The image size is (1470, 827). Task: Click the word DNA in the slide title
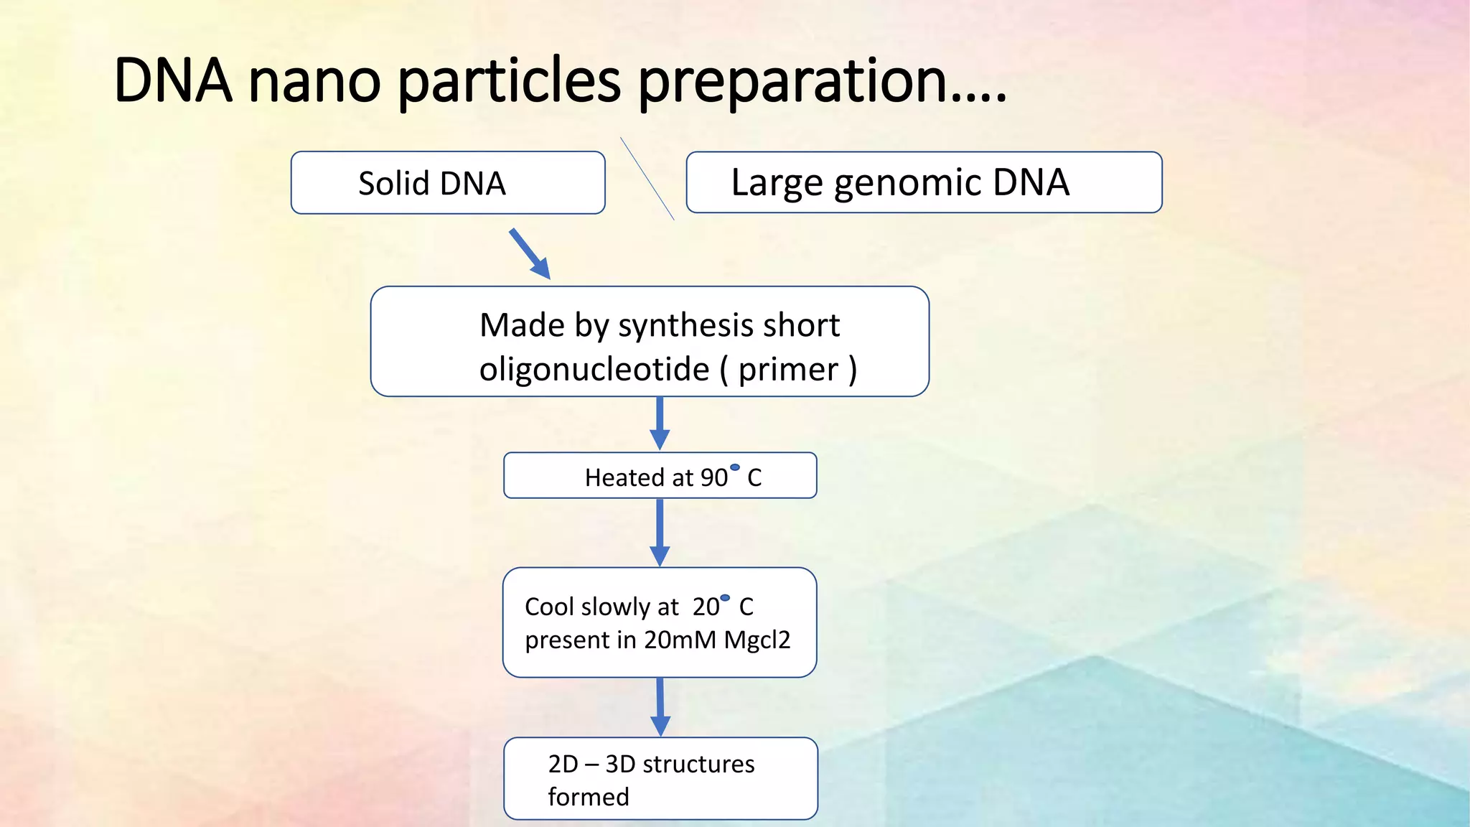(173, 80)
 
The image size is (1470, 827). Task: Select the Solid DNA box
(447, 182)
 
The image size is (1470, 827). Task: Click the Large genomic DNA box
(923, 182)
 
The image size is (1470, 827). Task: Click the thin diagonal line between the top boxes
(647, 178)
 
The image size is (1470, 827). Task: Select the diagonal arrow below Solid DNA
(530, 253)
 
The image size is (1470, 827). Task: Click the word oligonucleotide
(594, 370)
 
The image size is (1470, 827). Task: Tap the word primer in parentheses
(788, 370)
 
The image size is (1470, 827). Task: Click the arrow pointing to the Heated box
(660, 424)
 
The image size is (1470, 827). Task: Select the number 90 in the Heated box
(713, 478)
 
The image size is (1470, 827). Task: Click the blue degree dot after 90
(734, 467)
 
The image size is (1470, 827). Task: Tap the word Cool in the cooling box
(549, 607)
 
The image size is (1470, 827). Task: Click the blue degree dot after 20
(725, 598)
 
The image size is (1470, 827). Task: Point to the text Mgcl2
(757, 640)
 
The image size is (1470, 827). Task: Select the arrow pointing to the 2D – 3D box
(660, 707)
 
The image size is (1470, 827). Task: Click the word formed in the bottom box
(588, 797)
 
